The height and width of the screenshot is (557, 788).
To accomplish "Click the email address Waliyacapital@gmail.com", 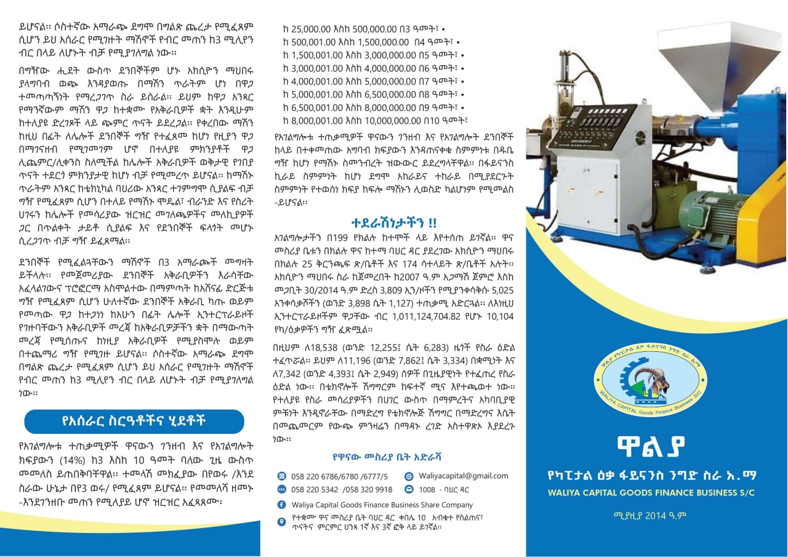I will pyautogui.click(x=455, y=476).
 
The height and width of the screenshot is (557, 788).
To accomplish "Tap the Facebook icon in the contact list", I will pyautogui.click(x=282, y=505).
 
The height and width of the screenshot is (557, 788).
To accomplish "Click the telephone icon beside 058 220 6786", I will pyautogui.click(x=282, y=476).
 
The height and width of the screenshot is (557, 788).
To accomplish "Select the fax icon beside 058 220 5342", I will pyautogui.click(x=282, y=490).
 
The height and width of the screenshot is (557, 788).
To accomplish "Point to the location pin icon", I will pyautogui.click(x=282, y=521).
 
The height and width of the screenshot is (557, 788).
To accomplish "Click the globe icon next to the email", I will pyautogui.click(x=409, y=476).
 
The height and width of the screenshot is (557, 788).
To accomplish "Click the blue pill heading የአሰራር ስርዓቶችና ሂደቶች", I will pyautogui.click(x=134, y=421).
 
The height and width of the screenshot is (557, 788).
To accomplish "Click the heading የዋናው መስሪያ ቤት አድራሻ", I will pyautogui.click(x=387, y=457).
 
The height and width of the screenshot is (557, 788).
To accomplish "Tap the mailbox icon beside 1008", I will pyautogui.click(x=409, y=490).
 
